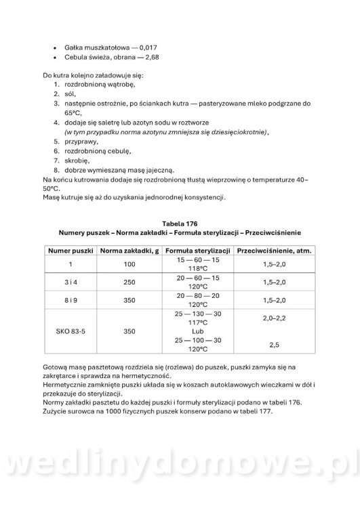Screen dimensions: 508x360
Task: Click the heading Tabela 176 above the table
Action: [179, 223]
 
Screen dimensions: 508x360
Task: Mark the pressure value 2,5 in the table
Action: [275, 345]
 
